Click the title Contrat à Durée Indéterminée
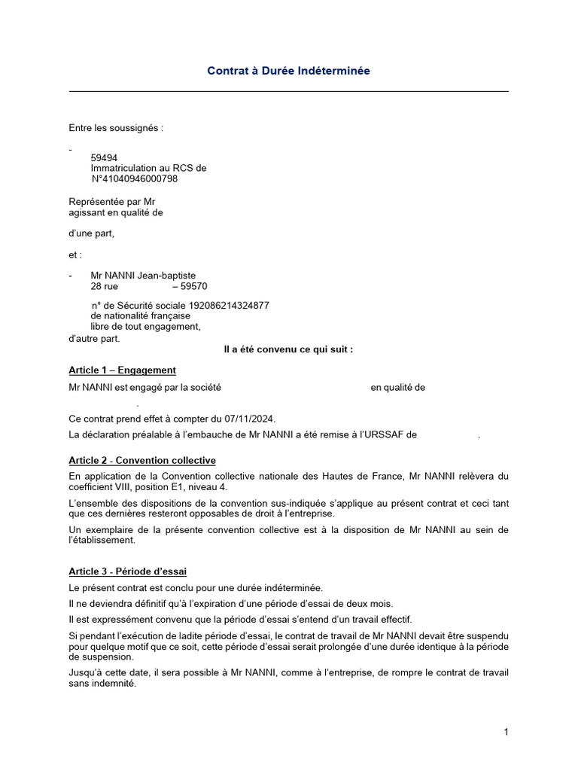(289, 71)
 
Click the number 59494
(104, 157)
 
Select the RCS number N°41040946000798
(135, 179)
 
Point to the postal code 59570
(194, 287)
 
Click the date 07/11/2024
(250, 418)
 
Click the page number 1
(507, 732)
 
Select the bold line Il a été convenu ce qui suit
(289, 349)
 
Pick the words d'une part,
(92, 233)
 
